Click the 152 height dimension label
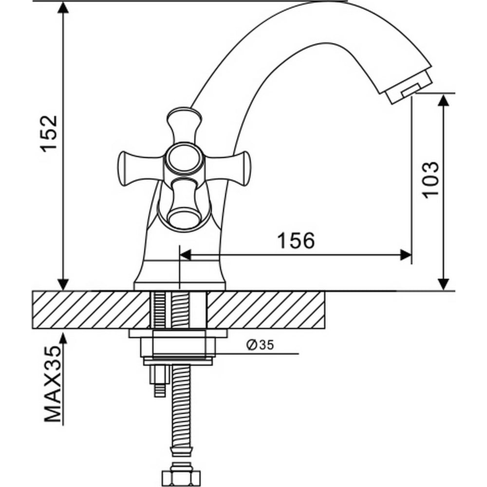(49, 134)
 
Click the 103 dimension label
(431, 180)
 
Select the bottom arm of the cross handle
(184, 204)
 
